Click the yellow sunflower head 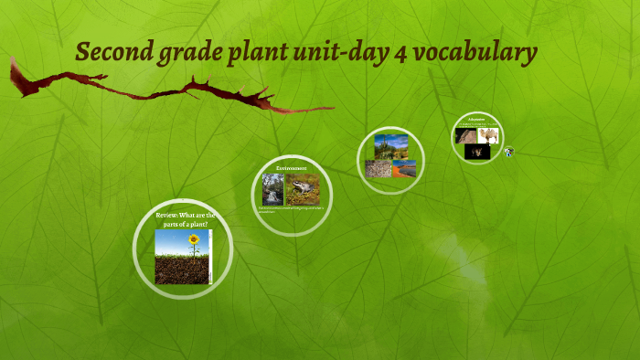click(193, 240)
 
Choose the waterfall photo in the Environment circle click(272, 188)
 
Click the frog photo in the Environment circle click(303, 188)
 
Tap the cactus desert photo click(390, 145)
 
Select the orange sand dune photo click(404, 168)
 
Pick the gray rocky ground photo click(379, 168)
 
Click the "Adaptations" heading click(478, 119)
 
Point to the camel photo click(487, 134)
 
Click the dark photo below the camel click(476, 154)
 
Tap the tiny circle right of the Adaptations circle click(507, 151)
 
